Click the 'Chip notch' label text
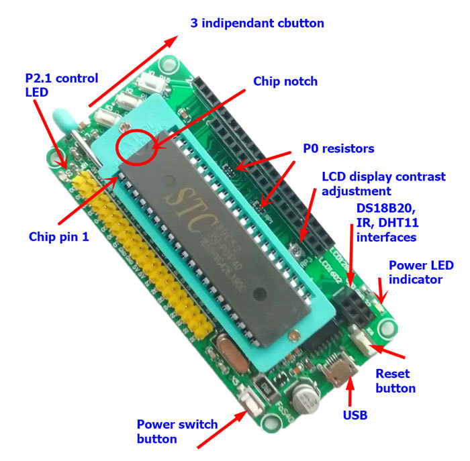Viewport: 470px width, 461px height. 285,81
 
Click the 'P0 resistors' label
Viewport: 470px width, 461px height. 339,148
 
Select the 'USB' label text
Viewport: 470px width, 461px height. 355,415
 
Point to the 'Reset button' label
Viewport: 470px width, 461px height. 395,380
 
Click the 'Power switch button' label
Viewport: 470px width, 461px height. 177,431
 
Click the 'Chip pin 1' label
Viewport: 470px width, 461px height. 58,237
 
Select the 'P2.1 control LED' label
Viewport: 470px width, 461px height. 60,85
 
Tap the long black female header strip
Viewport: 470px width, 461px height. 269,168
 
